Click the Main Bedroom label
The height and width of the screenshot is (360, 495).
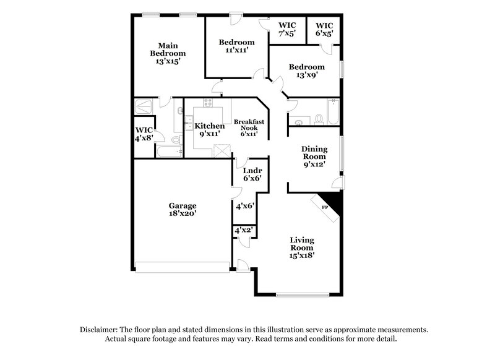(168, 53)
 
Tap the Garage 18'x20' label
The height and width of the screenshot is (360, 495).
(183, 209)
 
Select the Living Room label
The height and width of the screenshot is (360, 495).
(303, 247)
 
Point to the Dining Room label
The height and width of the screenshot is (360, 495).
(315, 157)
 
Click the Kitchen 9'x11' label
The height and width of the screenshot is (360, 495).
(210, 130)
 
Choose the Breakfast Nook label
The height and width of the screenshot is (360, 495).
(249, 127)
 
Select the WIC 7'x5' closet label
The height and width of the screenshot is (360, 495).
(286, 30)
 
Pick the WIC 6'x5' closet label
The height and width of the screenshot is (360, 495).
(324, 30)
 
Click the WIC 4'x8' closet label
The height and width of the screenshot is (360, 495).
(144, 134)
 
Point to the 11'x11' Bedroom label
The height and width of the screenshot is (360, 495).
(236, 46)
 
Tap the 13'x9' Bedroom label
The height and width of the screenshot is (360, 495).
(306, 71)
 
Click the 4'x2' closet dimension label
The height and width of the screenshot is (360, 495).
(242, 231)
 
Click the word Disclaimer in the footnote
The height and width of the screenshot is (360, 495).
(99, 330)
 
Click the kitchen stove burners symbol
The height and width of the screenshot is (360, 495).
(209, 103)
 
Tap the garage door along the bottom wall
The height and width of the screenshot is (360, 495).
(183, 267)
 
